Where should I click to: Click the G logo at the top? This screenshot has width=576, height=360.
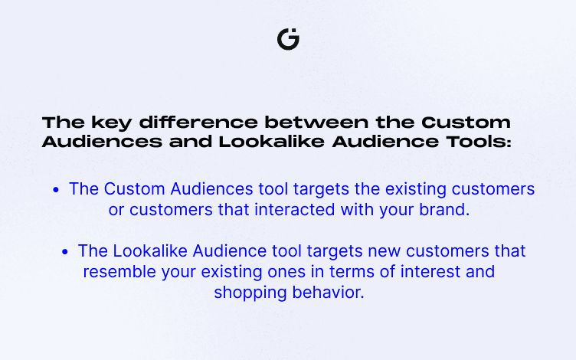pos(288,39)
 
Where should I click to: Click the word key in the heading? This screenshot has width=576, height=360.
pos(111,123)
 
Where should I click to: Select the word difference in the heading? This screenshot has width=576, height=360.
pos(198,123)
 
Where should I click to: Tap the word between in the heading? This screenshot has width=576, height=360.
pos(316,123)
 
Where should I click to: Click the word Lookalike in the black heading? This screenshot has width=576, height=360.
pos(271,142)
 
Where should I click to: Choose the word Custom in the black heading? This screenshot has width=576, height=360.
pos(466,123)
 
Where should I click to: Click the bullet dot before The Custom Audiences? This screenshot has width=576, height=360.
pos(56,190)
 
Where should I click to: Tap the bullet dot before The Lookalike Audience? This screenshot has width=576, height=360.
pos(65,252)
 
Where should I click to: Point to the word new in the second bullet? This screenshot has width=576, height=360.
pos(384,252)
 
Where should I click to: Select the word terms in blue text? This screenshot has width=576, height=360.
pos(352,272)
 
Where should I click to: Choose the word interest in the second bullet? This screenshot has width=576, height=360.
pos(430,272)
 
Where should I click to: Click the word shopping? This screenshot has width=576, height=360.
pos(250,293)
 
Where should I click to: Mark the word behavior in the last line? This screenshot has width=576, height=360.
pos(328,293)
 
